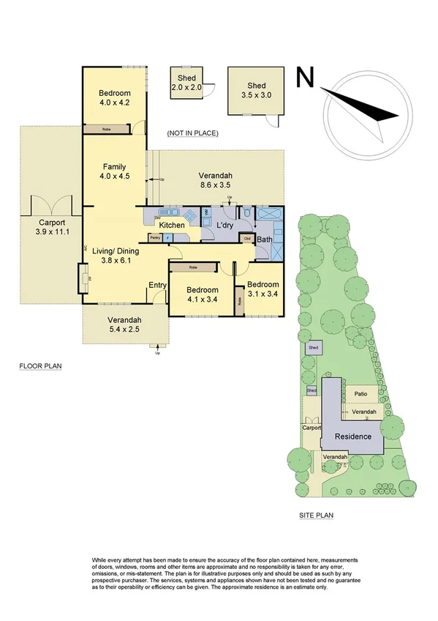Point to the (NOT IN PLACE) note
[192, 133]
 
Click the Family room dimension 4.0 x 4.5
[116, 176]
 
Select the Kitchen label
[172, 225]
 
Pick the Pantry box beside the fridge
[155, 237]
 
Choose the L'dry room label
[225, 225]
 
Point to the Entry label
[157, 285]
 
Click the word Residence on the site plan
[352, 436]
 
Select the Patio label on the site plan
[360, 394]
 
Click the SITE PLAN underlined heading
[316, 516]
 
